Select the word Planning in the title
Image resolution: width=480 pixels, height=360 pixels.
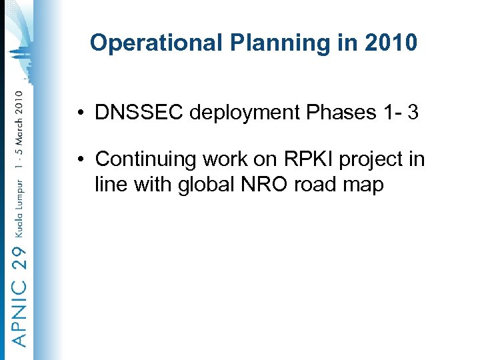(x=263, y=43)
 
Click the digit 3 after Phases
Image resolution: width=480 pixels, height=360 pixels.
(x=413, y=113)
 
